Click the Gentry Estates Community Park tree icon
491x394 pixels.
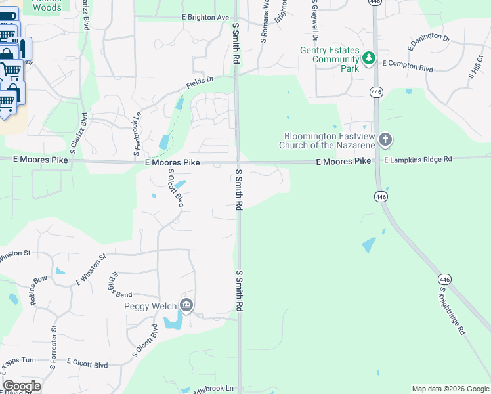pyautogui.click(x=370, y=59)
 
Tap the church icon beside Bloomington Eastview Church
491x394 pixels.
pyautogui.click(x=385, y=139)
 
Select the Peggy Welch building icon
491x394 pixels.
pyautogui.click(x=186, y=305)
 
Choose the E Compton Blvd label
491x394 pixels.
pyautogui.click(x=409, y=64)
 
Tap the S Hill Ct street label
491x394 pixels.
pyautogui.click(x=475, y=68)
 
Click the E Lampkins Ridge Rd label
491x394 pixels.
pyautogui.click(x=418, y=160)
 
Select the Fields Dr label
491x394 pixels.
pyautogui.click(x=200, y=83)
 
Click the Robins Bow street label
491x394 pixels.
pyautogui.click(x=39, y=290)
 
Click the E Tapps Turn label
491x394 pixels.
pyautogui.click(x=18, y=361)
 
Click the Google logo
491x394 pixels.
pyautogui.click(x=22, y=386)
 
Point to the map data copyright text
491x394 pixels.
pyautogui.click(x=450, y=389)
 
